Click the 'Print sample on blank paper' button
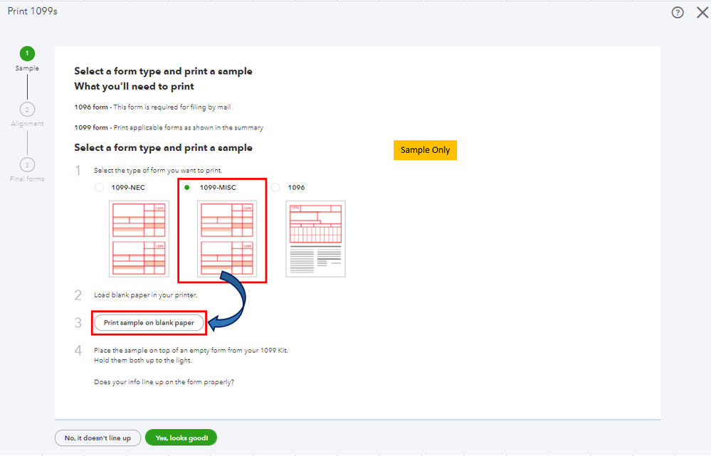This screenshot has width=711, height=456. coord(149,323)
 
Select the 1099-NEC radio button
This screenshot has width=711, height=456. coord(99,188)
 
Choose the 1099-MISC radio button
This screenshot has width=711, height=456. coord(186,187)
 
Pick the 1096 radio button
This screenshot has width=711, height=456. coord(275,187)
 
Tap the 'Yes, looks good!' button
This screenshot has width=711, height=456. coord(181,438)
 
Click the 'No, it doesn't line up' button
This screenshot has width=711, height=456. coord(98,438)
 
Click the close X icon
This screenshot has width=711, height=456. coord(702,12)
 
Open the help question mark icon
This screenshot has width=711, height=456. coord(678,13)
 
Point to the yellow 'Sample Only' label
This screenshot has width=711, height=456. coord(426,150)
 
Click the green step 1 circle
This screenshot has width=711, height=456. coord(27,53)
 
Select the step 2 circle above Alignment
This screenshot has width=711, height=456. coord(27,110)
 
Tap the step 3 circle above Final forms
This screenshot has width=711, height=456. coord(27,164)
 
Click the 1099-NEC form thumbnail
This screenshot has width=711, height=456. coord(139,239)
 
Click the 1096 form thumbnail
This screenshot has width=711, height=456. coord(315,239)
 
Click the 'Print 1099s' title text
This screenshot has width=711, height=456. coord(33,11)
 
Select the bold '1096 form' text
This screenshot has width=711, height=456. coord(91,107)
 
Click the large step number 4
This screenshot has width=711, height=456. coord(78,351)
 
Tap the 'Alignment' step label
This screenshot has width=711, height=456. coord(27,124)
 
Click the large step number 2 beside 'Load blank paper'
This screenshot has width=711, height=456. coord(78,295)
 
